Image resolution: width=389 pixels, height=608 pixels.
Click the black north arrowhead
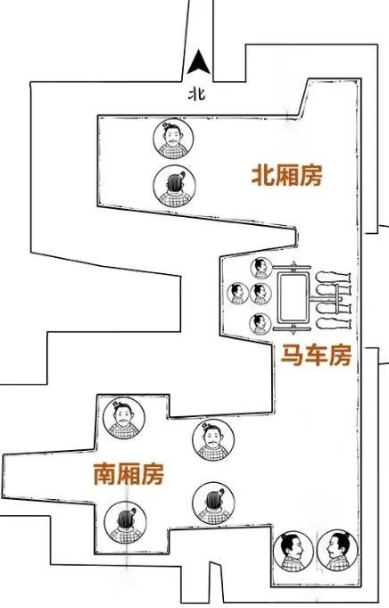click(199, 62)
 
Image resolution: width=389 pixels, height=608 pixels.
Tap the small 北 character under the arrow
click(197, 95)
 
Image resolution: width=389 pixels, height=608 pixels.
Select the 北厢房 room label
click(286, 176)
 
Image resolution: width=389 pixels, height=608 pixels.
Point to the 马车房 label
click(316, 354)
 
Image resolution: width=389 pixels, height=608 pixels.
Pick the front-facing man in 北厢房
click(173, 138)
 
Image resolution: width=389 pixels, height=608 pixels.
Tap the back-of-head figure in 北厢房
click(174, 186)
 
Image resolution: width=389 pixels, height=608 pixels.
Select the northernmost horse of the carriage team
click(333, 278)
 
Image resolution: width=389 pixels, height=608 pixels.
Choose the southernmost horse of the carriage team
click(333, 323)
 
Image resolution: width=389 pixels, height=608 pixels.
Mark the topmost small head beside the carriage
click(261, 269)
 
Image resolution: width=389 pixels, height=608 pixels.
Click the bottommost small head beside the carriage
click(261, 324)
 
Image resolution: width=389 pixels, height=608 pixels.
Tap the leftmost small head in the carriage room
click(237, 294)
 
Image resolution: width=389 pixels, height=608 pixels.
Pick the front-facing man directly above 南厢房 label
click(124, 419)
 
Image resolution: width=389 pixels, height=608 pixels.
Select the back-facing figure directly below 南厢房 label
click(125, 522)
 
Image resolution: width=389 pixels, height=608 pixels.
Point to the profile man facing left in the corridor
click(336, 551)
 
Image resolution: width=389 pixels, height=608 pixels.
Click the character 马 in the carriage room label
click(292, 354)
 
